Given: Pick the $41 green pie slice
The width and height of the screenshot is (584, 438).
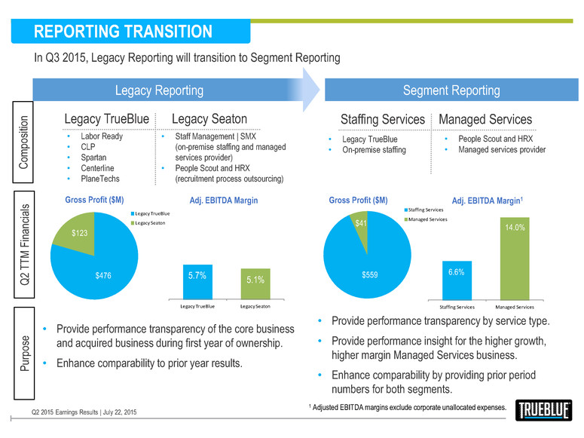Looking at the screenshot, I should [361, 223].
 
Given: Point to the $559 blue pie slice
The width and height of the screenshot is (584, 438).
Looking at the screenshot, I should [368, 275].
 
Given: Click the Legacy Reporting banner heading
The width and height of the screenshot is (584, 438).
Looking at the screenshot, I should [158, 90].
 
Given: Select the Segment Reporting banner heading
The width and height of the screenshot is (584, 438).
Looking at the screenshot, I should [451, 90].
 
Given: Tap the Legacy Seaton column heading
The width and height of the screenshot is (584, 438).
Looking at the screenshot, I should [209, 119].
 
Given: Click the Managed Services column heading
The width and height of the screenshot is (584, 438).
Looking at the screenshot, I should [485, 119].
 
